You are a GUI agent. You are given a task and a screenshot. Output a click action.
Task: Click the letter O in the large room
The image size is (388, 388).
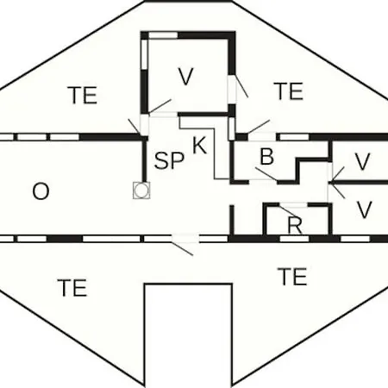coord(41,191)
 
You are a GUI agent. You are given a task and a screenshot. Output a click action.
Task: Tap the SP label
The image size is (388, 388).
coord(169,160)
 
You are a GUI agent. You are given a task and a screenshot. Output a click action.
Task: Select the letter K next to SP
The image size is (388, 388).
coord(199,146)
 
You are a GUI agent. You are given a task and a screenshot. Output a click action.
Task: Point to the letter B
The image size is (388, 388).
coord(267,156)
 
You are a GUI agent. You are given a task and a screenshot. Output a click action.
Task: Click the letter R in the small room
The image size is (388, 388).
coord(295,225)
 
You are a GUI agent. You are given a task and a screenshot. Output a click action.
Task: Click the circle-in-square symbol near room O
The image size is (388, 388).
coord(141,191)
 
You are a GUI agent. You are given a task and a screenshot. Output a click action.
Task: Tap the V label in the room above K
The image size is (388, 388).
coord(186,76)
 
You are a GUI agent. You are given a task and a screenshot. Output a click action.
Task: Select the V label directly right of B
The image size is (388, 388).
coord(362,161)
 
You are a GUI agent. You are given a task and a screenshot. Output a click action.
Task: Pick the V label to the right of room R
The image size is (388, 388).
coord(365,210)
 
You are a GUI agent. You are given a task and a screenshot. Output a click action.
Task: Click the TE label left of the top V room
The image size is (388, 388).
coord(83,95)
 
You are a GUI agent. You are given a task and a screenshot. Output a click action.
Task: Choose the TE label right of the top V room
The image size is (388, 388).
coord(289,91)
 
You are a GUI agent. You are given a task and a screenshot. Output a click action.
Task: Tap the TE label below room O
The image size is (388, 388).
coord(72,288)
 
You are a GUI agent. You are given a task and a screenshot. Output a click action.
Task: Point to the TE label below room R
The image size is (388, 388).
coord(292,277)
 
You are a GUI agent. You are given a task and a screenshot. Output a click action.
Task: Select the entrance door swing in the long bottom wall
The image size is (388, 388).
coord(182,249)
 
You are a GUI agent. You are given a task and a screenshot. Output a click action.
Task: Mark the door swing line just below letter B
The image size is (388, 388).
coord(266,174)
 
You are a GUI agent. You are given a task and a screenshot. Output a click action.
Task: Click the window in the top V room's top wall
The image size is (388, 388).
coord(163,35)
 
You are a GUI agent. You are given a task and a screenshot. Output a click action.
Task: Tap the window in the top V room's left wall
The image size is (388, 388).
coord(145,53)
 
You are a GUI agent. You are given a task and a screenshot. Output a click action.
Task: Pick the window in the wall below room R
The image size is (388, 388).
coord(295,239)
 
